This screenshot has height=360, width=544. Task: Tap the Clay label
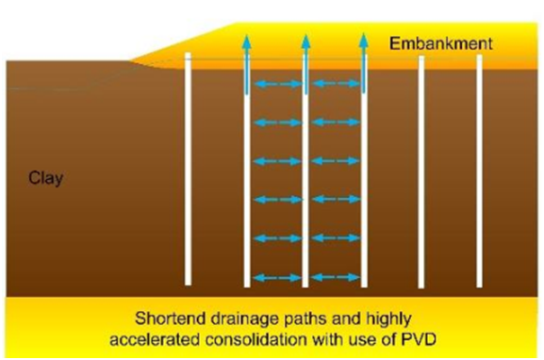pyautogui.click(x=45, y=177)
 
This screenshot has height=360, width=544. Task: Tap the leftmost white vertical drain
pyautogui.click(x=188, y=170)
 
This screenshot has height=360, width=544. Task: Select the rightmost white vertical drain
pyautogui.click(x=479, y=170)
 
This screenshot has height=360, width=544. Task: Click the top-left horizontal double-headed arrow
pyautogui.click(x=276, y=84)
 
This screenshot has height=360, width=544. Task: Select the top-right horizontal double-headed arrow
pyautogui.click(x=335, y=84)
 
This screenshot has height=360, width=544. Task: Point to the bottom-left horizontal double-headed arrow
pyautogui.click(x=276, y=277)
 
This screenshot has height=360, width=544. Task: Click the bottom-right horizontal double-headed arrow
pyautogui.click(x=335, y=277)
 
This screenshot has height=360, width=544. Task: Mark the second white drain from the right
pyautogui.click(x=421, y=170)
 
